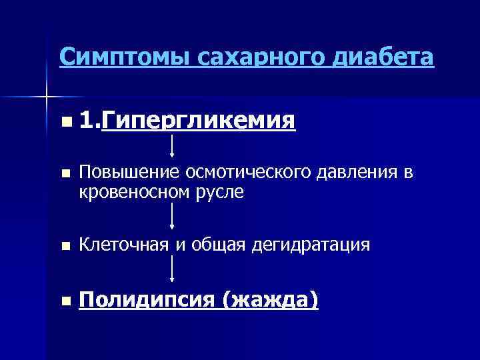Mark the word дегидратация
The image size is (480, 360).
311,245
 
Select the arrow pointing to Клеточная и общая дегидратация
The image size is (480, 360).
173,216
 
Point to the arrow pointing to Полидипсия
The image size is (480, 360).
173,269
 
